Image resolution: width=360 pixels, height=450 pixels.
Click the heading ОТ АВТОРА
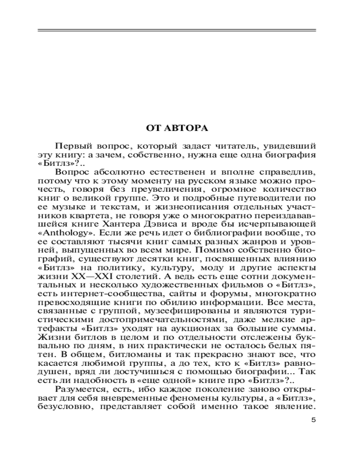pyautogui.click(x=177, y=128)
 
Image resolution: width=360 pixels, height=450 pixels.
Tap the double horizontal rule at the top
pyautogui.click(x=177, y=31)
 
